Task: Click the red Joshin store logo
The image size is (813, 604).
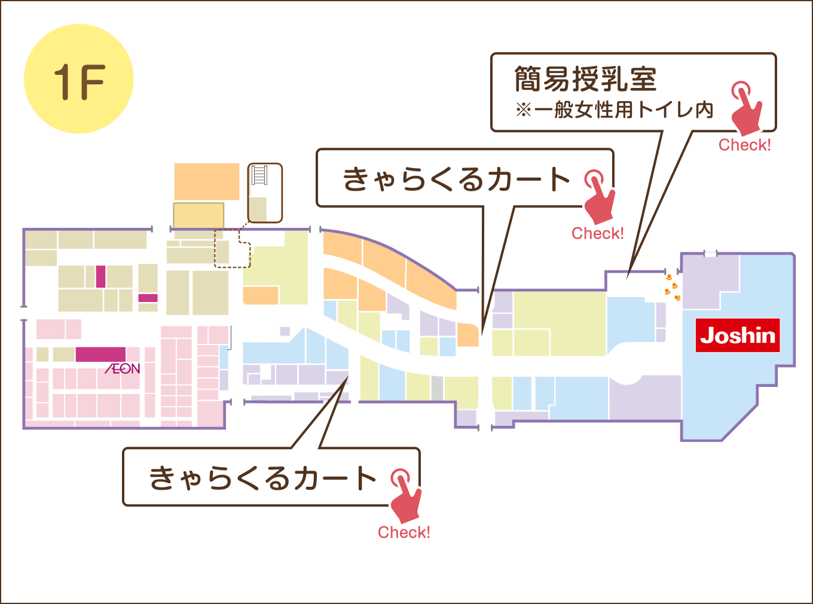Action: click(738, 335)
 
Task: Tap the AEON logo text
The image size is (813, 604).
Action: click(123, 368)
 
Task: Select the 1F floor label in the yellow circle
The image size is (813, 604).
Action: click(80, 82)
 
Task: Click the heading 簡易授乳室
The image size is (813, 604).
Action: click(585, 79)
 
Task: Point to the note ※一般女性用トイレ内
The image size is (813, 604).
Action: click(615, 109)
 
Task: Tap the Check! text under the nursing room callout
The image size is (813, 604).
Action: click(744, 145)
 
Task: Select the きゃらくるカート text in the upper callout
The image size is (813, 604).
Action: click(456, 179)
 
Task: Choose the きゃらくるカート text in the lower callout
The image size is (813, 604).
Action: click(263, 478)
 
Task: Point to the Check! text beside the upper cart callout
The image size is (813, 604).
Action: click(597, 233)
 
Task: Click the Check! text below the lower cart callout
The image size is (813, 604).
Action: click(404, 532)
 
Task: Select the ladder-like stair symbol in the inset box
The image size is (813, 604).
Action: click(259, 175)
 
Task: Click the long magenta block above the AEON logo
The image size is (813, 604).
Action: click(100, 354)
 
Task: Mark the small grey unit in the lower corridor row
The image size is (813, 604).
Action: click(436, 388)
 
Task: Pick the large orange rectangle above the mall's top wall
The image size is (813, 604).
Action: click(207, 182)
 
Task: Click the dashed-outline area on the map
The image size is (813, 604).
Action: click(232, 248)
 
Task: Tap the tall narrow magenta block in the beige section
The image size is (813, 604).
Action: click(101, 276)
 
